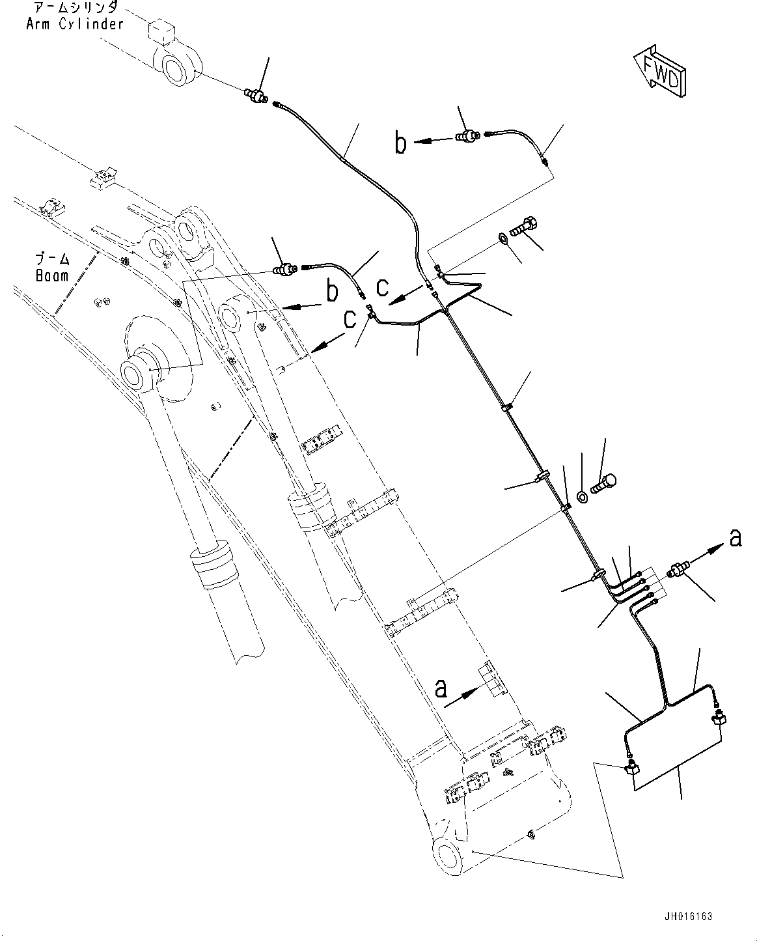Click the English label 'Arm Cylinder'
(75, 23)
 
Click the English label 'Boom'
(52, 276)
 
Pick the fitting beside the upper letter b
(468, 135)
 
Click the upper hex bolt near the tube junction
(523, 227)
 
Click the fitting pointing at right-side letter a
(678, 570)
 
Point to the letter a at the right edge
(736, 539)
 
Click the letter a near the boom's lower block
(441, 689)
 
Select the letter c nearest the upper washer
(383, 288)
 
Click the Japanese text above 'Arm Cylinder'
(75, 7)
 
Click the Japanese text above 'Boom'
(52, 260)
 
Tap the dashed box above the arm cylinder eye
(161, 31)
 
